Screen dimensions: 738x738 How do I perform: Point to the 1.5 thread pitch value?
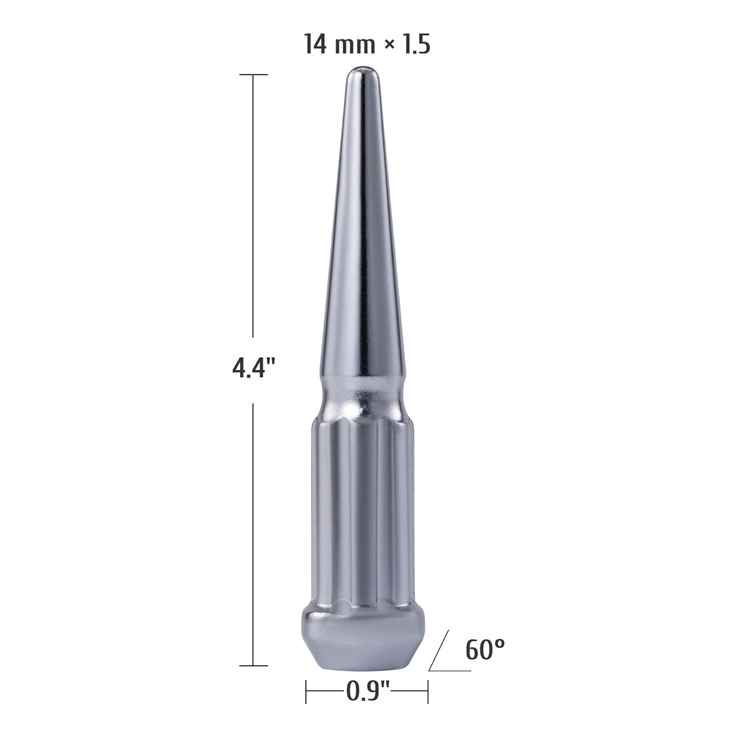[415, 44]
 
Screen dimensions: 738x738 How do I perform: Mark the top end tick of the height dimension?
[253, 75]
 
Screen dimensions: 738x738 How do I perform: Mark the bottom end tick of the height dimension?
[253, 666]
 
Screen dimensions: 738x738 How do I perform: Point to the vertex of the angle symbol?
[430, 670]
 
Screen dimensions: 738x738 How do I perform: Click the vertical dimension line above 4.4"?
[253, 207]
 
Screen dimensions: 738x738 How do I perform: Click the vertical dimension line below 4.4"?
[253, 531]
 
